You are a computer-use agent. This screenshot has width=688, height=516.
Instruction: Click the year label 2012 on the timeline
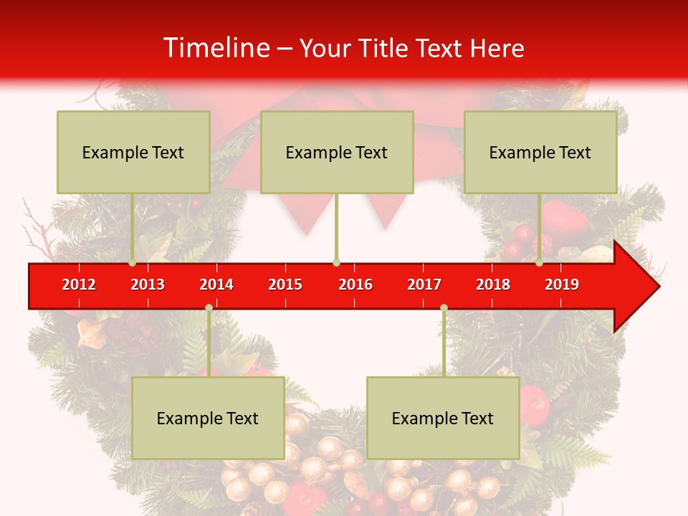(x=79, y=285)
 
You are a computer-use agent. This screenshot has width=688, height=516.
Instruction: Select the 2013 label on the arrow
(x=148, y=285)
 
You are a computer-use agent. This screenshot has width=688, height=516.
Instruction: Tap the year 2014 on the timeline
(x=216, y=285)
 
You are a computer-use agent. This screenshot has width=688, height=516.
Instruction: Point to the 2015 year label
(x=285, y=285)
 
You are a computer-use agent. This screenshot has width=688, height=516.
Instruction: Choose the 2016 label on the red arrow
(x=355, y=285)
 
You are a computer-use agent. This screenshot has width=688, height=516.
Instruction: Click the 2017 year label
(x=424, y=285)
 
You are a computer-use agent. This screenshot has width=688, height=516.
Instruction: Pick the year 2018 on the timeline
(x=493, y=285)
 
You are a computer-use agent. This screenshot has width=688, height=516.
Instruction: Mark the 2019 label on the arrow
(x=562, y=285)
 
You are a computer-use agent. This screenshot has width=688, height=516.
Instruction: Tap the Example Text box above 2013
(x=133, y=152)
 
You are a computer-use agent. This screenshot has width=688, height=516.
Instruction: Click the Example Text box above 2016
(x=337, y=152)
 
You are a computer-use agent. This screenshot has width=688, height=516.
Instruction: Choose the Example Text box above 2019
(x=540, y=152)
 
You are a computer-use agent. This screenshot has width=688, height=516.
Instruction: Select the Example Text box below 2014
(x=208, y=418)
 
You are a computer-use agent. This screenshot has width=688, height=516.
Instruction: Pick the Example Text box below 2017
(x=443, y=418)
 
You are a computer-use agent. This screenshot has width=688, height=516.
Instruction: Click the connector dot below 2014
(x=209, y=308)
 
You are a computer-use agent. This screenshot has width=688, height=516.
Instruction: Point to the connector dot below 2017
(x=444, y=308)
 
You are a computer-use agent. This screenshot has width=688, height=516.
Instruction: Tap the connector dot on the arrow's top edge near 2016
(x=336, y=263)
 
